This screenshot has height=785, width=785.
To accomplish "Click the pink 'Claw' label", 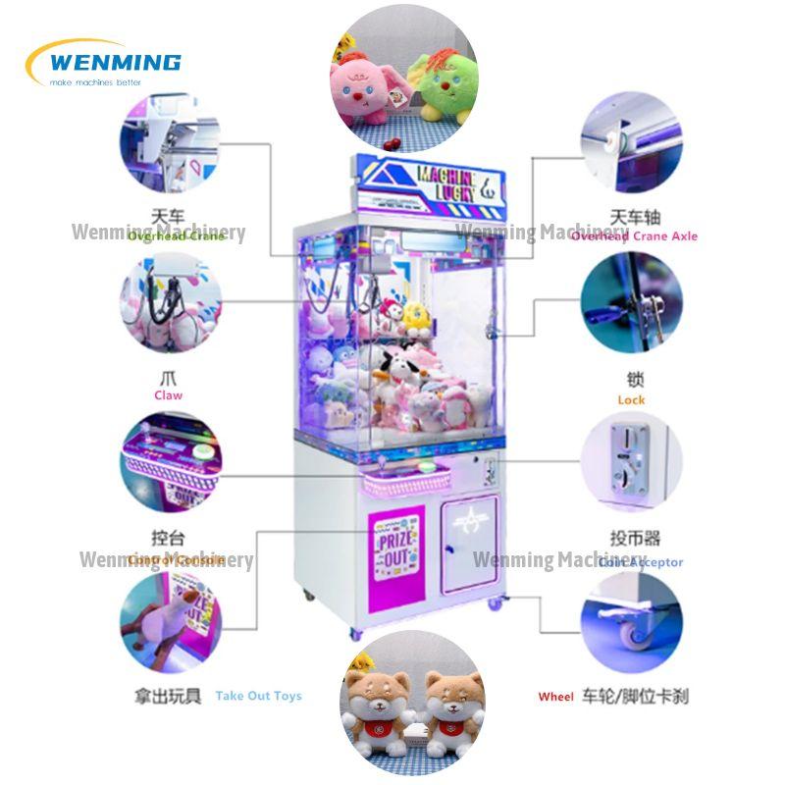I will click(168, 395).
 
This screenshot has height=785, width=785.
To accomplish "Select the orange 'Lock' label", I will click(631, 399).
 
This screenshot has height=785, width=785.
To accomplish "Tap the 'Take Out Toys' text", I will click(258, 696).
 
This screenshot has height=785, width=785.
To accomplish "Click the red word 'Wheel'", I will click(555, 697).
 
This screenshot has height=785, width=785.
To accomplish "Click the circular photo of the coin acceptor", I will click(631, 462).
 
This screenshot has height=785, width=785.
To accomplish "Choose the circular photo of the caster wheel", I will click(631, 622).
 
